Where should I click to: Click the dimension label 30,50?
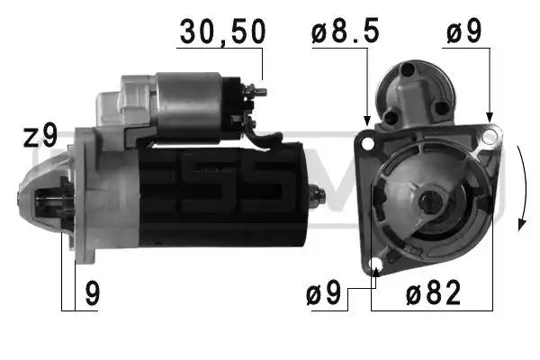tap(222, 31)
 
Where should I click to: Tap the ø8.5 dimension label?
tap(346, 31)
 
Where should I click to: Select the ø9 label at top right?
tap(463, 31)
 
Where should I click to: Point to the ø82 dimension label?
tap(433, 292)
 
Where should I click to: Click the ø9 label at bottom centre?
tap(323, 292)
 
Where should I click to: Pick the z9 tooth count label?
tap(40, 136)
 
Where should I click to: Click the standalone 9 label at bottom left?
tap(93, 293)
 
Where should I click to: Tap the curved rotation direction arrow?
tap(523, 188)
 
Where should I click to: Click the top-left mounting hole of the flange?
tap(368, 143)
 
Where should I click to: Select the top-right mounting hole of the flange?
tap(489, 137)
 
